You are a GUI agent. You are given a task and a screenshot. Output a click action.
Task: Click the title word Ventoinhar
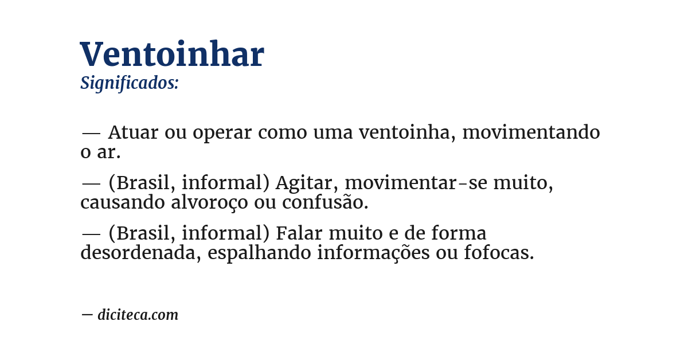pyautogui.click(x=172, y=55)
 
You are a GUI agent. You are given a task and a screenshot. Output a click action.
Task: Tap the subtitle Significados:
pyautogui.click(x=130, y=83)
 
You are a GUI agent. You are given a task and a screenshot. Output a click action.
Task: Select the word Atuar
pyautogui.click(x=133, y=132)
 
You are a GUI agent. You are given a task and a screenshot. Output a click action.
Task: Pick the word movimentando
pyautogui.click(x=531, y=132)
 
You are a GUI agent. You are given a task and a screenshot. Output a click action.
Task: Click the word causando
pyautogui.click(x=123, y=203)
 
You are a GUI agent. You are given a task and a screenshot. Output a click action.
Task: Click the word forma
pyautogui.click(x=459, y=234)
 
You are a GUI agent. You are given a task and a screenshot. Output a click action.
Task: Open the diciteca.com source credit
pyautogui.click(x=138, y=315)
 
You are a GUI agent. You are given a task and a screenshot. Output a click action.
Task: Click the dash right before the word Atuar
pyautogui.click(x=91, y=133)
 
